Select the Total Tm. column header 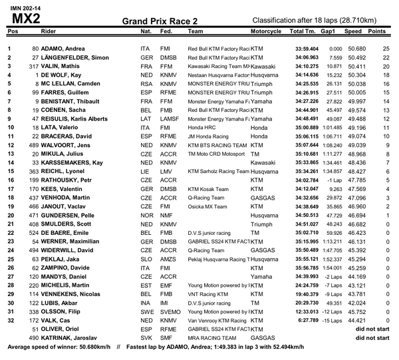(303, 31)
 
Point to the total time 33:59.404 (306, 49)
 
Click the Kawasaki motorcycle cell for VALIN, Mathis (263, 67)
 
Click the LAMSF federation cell (170, 118)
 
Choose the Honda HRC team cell (204, 127)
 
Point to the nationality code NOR (146, 214)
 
